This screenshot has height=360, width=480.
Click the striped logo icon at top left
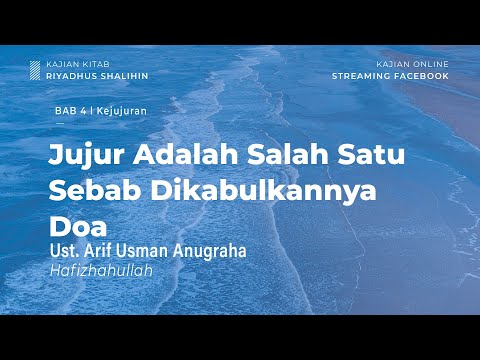point(35,70)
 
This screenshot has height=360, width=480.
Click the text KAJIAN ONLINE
point(412,64)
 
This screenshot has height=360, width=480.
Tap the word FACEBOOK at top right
point(421,75)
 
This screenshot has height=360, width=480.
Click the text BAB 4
point(68,110)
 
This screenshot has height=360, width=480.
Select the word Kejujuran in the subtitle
point(109,110)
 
